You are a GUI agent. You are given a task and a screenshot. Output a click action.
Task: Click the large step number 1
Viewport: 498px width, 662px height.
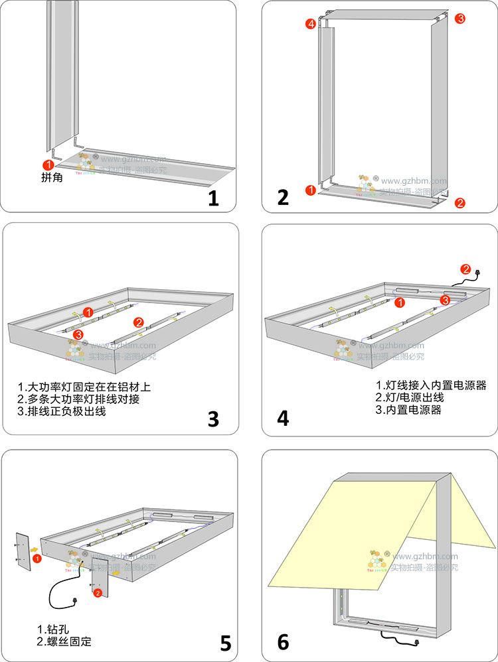click(213, 198)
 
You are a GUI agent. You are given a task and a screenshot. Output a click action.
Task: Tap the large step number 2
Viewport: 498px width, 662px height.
click(284, 198)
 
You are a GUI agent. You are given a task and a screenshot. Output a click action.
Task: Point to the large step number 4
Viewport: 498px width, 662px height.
click(284, 419)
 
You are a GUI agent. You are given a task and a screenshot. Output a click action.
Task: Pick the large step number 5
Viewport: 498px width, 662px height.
click(226, 642)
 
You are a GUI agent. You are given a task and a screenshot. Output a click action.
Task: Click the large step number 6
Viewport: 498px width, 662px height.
click(284, 642)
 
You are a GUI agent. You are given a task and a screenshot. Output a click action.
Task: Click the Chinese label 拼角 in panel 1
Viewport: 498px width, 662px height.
click(52, 177)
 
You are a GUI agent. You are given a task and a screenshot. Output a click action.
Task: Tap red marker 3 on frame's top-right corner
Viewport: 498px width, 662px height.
click(460, 19)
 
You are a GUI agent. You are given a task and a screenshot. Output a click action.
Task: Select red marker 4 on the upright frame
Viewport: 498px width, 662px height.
click(311, 25)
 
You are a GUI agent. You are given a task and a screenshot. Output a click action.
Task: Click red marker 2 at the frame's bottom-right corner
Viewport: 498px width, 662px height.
click(460, 203)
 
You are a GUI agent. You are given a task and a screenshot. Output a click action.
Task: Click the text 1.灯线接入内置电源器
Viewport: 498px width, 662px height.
click(432, 385)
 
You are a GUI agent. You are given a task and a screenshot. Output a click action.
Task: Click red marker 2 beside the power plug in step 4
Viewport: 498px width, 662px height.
click(466, 269)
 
